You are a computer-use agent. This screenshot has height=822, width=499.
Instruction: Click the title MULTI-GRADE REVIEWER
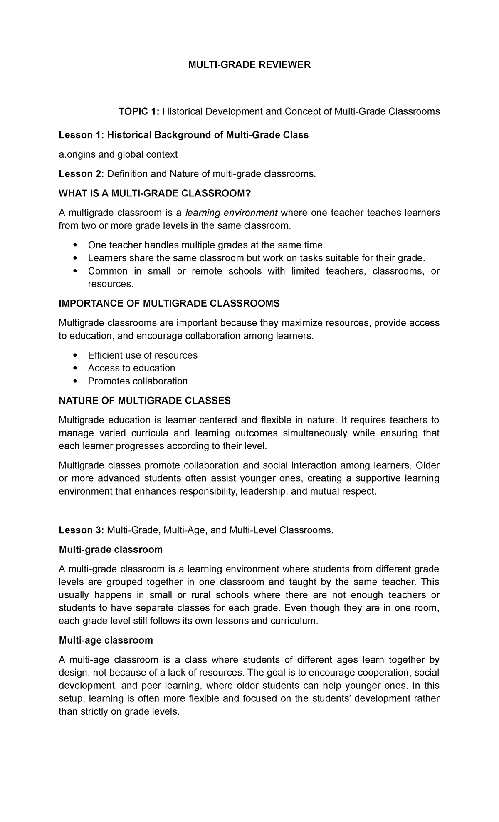tap(249, 65)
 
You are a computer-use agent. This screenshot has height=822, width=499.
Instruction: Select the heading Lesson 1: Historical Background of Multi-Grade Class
tap(183, 135)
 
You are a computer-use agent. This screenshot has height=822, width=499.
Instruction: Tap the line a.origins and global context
tap(118, 154)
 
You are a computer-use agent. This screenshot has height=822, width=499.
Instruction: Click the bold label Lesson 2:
tap(82, 174)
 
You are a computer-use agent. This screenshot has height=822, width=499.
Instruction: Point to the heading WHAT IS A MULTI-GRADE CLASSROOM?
tap(156, 193)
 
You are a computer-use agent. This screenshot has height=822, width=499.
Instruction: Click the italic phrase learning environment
tap(232, 213)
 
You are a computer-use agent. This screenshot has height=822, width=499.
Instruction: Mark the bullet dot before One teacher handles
tap(75, 245)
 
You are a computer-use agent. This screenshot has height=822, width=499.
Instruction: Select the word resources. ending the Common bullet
tap(111, 284)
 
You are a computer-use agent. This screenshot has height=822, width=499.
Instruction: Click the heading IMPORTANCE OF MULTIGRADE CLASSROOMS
tap(169, 304)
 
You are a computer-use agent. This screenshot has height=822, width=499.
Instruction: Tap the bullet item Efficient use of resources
tap(143, 355)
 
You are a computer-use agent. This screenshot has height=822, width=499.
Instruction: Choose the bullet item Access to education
tap(131, 368)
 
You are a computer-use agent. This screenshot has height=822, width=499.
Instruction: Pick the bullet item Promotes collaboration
tap(138, 381)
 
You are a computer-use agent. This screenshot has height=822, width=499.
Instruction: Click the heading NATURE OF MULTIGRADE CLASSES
tap(144, 401)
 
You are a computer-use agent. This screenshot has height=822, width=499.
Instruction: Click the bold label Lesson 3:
tap(82, 530)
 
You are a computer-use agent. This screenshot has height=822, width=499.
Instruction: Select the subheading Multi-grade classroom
tap(111, 550)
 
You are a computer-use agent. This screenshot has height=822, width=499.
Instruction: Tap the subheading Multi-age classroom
tap(106, 640)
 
